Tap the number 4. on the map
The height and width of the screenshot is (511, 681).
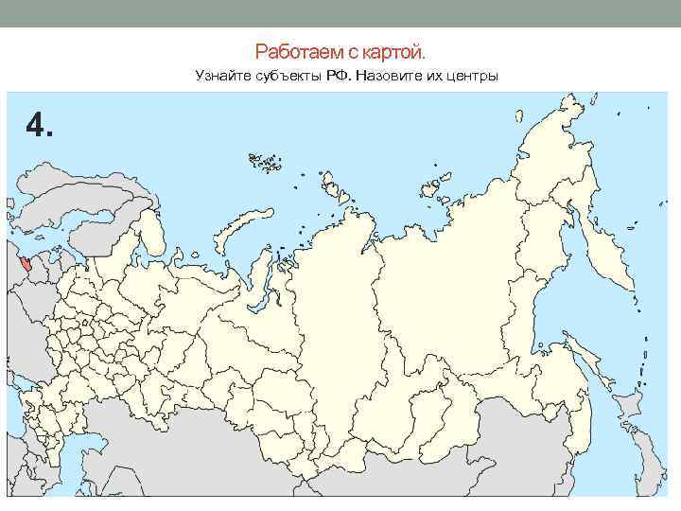click(x=40, y=124)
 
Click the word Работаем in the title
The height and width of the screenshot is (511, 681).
click(x=288, y=49)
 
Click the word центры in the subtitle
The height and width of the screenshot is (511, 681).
click(x=471, y=75)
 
